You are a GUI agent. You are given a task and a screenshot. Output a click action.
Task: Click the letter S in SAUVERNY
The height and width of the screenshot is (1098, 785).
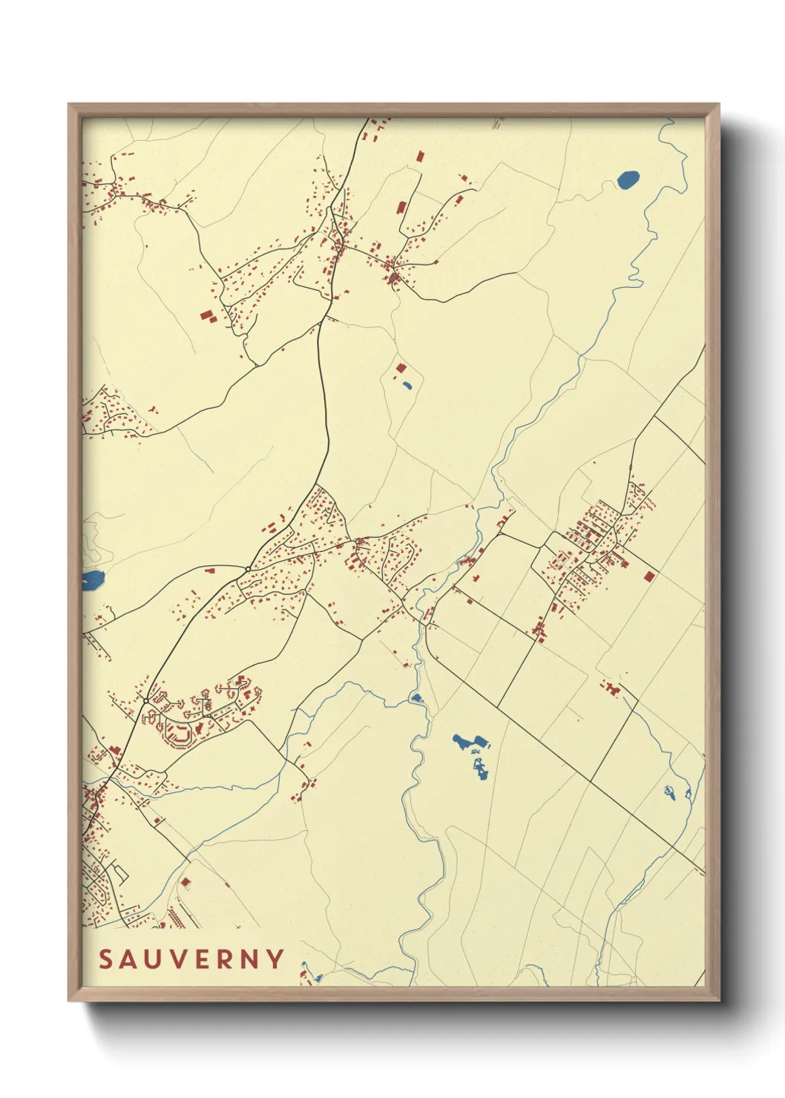(x=106, y=959)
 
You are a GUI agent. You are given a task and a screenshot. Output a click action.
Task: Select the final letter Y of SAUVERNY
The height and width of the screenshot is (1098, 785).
(x=276, y=959)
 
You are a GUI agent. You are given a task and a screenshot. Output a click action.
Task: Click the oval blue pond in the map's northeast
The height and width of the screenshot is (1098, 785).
(x=628, y=180)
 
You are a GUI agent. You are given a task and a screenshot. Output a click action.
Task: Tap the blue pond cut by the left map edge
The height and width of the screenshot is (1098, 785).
(x=92, y=580)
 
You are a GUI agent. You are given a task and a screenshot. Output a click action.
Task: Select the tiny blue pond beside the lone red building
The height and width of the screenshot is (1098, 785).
(x=406, y=385)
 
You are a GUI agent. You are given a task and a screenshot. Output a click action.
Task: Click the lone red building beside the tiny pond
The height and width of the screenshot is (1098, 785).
(x=401, y=368)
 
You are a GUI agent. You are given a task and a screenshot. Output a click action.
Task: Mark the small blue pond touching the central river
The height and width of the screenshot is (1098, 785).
(x=416, y=697)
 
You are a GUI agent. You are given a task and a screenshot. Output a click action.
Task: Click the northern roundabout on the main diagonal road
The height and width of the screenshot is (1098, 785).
(x=247, y=569)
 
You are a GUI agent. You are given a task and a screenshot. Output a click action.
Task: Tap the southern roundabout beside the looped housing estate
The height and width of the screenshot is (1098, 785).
(x=146, y=700)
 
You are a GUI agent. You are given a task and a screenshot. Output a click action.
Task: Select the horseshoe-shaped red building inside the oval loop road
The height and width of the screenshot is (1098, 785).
(x=179, y=735)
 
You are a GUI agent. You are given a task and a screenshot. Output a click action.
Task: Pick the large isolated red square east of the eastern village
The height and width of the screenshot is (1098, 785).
(x=650, y=576)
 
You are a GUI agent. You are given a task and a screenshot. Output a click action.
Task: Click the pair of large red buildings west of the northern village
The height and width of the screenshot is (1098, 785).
(x=207, y=316)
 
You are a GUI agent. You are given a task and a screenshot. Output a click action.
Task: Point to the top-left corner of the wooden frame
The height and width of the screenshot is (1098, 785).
(x=69, y=105)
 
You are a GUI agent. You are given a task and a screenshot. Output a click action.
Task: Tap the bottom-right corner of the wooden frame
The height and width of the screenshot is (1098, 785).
(x=718, y=1000)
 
